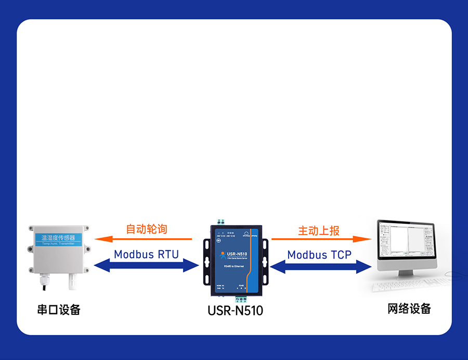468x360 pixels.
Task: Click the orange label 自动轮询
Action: [147, 229]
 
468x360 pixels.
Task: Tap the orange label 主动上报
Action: [319, 230]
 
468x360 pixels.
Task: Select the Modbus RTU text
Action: [146, 254]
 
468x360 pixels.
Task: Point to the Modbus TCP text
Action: [319, 255]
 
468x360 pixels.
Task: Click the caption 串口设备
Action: [59, 310]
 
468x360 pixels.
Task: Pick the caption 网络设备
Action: [409, 308]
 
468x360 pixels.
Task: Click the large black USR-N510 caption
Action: [235, 311]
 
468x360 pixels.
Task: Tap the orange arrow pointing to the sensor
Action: [143, 239]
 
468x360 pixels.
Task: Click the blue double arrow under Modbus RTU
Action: [146, 266]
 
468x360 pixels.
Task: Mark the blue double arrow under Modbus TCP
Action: [321, 267]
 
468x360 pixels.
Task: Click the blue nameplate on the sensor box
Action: [58, 239]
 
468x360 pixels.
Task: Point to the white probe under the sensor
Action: [70, 281]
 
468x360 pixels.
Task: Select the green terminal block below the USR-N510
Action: [241, 299]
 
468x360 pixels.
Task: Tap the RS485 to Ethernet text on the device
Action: [234, 266]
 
